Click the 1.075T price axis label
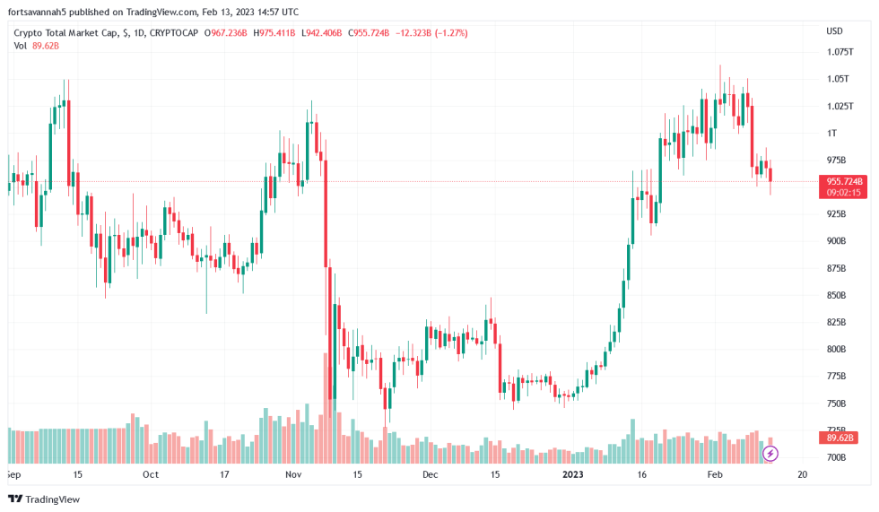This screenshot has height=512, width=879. point(839,52)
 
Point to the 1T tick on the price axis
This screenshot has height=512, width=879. point(831,133)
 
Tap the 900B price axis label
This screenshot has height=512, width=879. point(836,241)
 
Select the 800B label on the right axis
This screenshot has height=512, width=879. point(836,349)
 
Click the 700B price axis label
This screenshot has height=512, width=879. point(836,457)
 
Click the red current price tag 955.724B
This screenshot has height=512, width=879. point(840,181)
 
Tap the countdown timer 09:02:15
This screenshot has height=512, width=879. point(840,192)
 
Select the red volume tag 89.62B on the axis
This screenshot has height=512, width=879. point(840,438)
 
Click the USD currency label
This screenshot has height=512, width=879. point(834,31)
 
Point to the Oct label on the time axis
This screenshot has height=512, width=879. point(151,474)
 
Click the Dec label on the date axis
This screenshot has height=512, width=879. point(430,474)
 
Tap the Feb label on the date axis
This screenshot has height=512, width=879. point(714,474)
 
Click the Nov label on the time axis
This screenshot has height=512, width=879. point(293,474)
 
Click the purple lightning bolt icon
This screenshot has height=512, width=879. point(770,454)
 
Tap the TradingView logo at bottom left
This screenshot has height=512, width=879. point(44,499)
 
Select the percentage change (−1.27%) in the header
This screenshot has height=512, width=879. point(449,33)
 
